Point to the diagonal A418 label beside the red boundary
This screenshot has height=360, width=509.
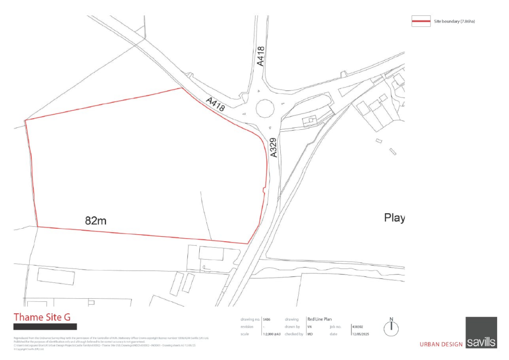[216, 104]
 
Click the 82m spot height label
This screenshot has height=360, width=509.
[96, 221]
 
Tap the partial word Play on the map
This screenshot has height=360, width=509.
[395, 218]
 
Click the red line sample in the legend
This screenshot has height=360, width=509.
[421, 21]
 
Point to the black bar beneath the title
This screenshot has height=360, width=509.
[45, 327]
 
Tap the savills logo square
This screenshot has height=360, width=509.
[481, 332]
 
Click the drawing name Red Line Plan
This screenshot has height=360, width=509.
[320, 319]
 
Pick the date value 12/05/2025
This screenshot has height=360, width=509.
[361, 334]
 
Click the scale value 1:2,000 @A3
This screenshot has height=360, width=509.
[271, 334]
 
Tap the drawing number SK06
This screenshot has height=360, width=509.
[266, 319]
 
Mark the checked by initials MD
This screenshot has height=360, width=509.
[309, 334]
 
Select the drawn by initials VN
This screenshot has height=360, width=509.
[309, 327]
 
